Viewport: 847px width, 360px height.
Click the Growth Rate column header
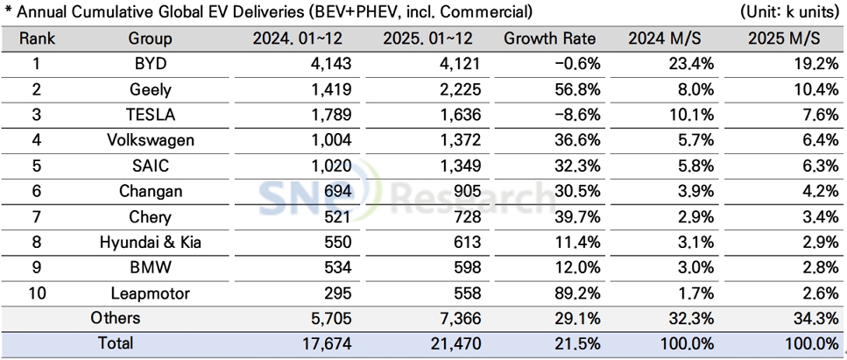coord(549,39)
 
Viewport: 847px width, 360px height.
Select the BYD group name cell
coord(151,64)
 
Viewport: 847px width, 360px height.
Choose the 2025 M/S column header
coord(784,39)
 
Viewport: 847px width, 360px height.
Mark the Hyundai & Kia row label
coord(151,243)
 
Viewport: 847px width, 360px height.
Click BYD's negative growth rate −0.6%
coord(573,64)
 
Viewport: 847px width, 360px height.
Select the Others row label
coord(116,319)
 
